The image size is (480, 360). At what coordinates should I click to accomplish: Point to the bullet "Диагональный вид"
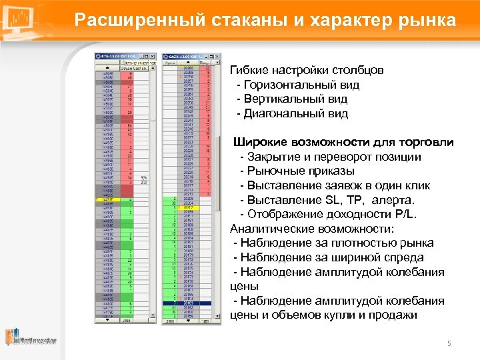coord(297,114)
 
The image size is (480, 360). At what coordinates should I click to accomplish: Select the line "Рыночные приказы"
coord(299,171)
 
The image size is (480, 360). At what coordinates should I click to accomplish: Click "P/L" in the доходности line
coord(405,215)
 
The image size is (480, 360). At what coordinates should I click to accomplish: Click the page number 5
coord(449,343)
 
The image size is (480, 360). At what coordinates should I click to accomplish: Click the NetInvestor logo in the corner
coord(31,339)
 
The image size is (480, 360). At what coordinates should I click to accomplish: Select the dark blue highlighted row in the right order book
coord(191,303)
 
